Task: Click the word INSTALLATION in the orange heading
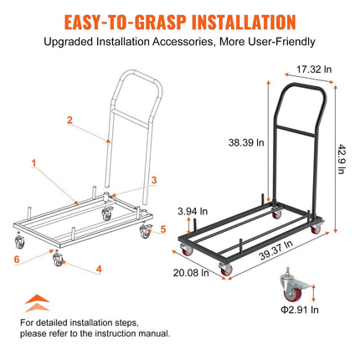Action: coord(244,23)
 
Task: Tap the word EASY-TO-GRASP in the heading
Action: coord(125,23)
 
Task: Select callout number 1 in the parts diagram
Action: coord(33,163)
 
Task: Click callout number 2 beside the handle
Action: coord(69,120)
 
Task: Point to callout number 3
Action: coord(154,180)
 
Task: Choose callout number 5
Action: coord(163,229)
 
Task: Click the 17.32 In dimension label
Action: coord(314,69)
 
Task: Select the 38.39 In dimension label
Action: coord(246,142)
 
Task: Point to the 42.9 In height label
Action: coord(342,159)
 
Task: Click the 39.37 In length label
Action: coord(275,250)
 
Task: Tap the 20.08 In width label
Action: coord(191,273)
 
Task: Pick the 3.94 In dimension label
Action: coord(193,211)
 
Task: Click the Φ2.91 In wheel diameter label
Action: coord(300,310)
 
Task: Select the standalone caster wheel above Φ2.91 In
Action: coord(295,285)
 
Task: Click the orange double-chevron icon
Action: coord(38,303)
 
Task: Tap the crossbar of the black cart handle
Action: coord(296,131)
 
